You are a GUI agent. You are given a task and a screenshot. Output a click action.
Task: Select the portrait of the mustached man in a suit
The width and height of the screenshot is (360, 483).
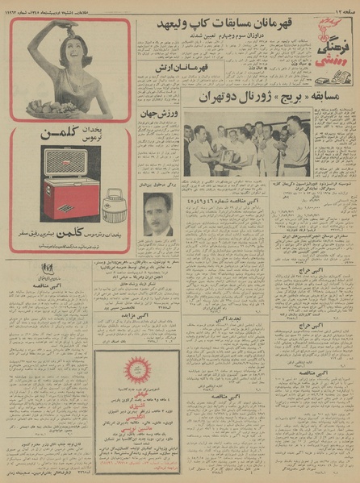pyautogui.click(x=159, y=213)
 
